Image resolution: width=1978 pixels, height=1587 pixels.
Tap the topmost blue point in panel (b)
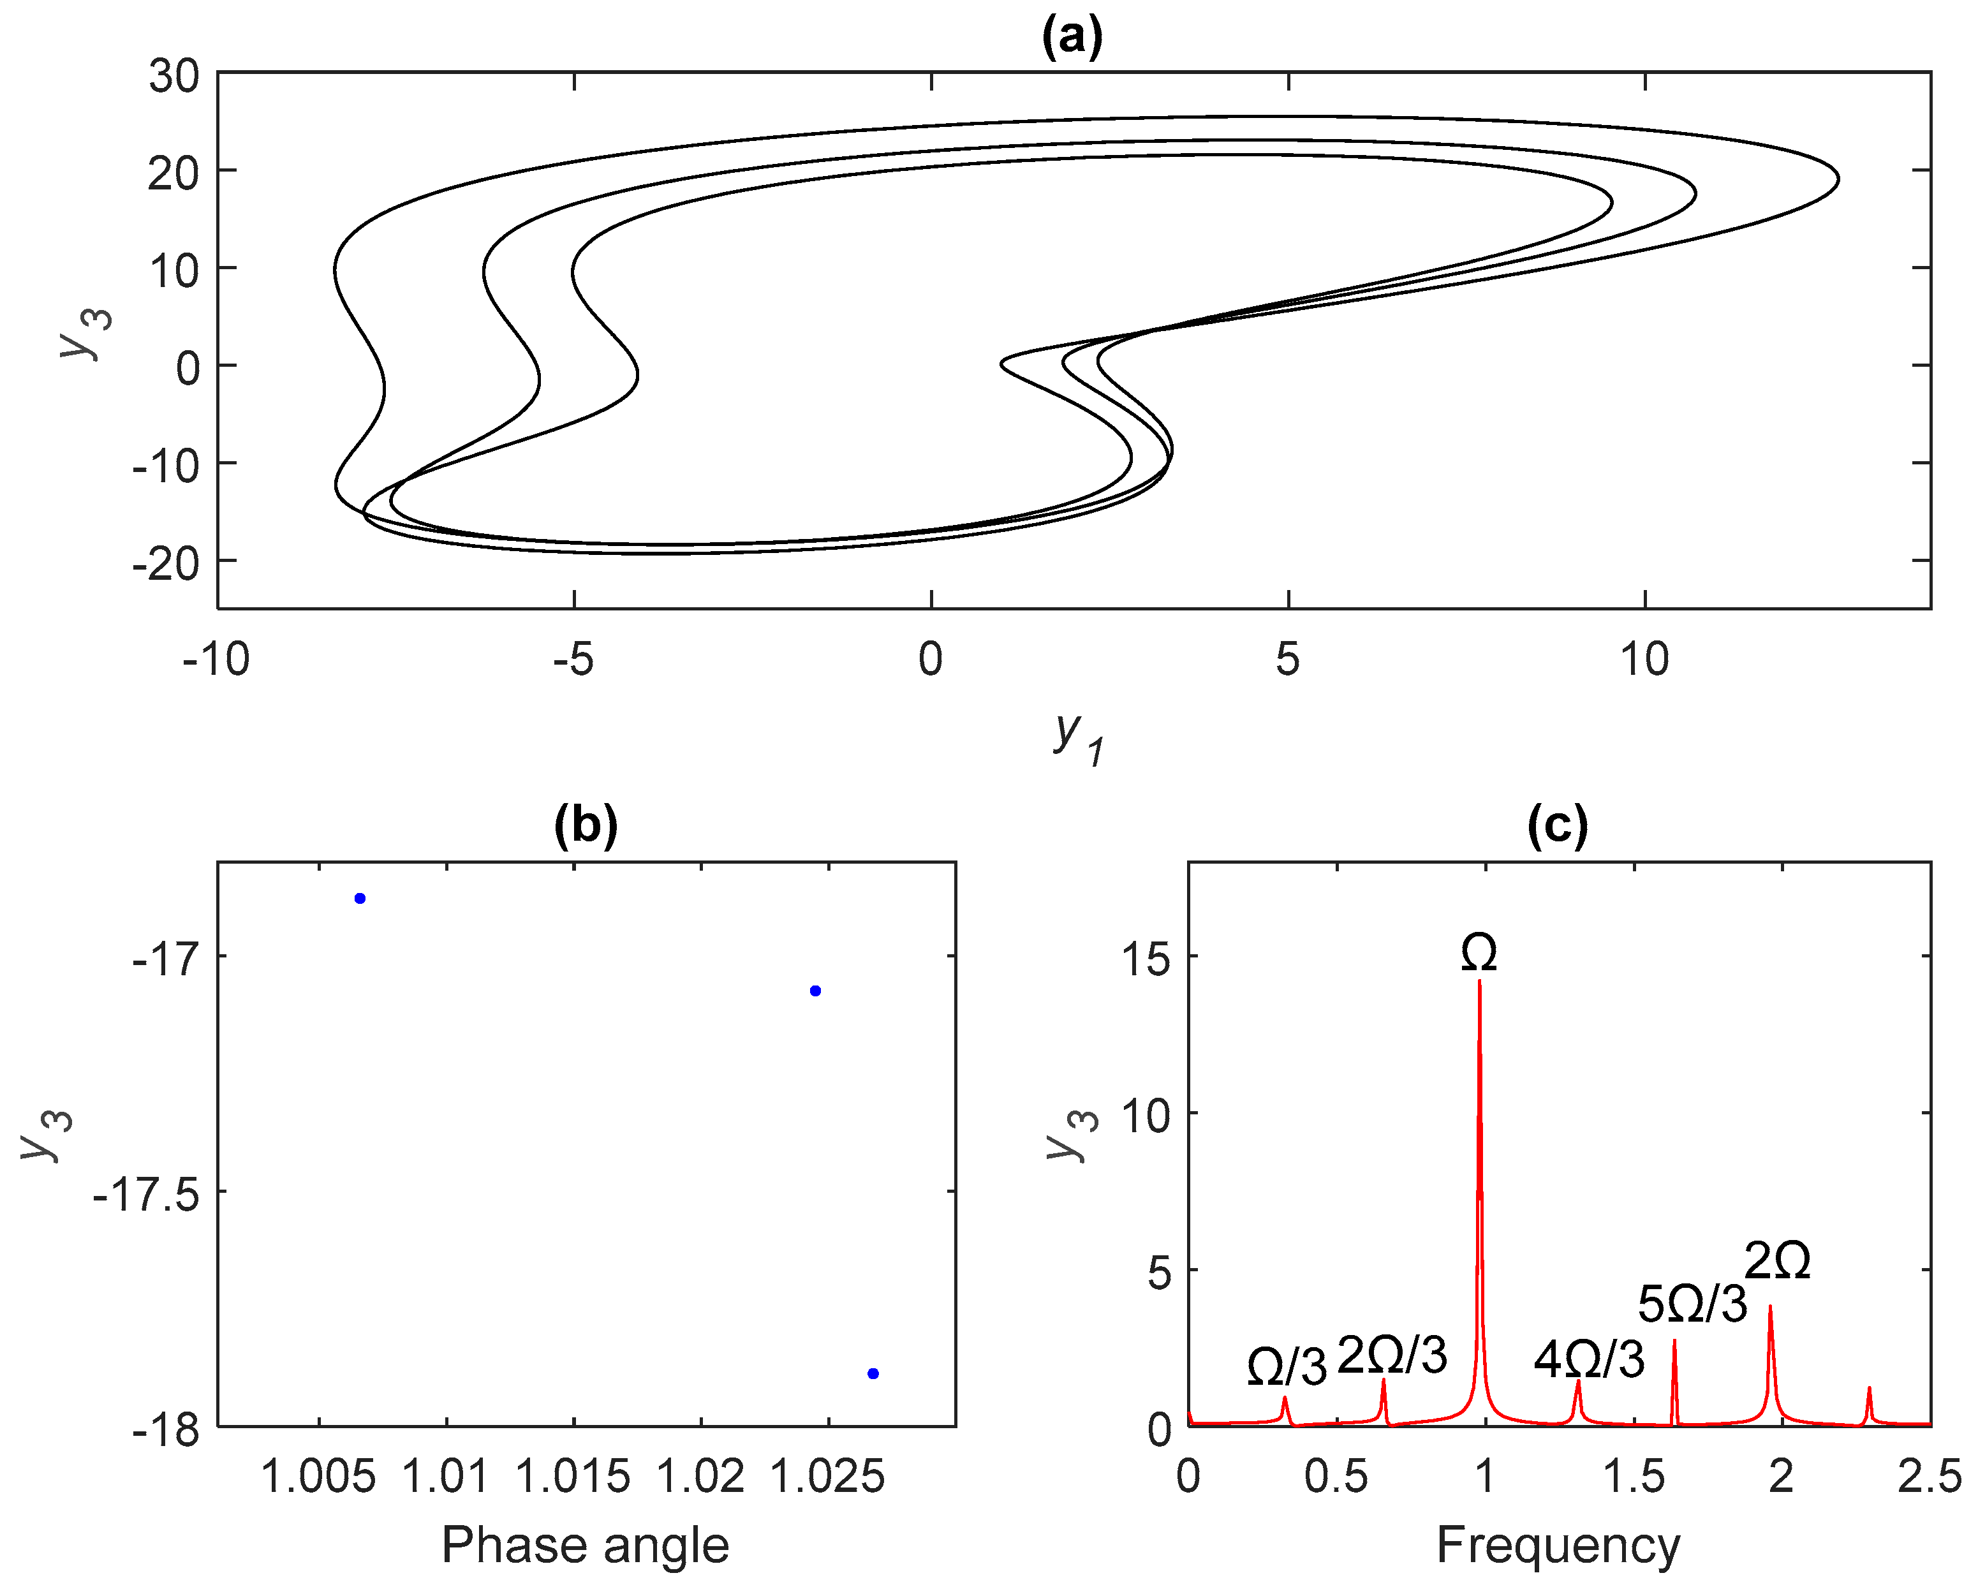[360, 898]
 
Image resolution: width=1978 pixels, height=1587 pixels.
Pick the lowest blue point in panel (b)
[873, 1373]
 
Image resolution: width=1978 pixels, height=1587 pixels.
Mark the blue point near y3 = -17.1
[815, 991]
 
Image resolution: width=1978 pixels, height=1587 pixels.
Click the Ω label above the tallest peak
[1479, 954]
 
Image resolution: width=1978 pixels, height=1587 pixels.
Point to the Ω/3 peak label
[1287, 1368]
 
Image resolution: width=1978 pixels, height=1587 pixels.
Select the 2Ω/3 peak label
[1392, 1355]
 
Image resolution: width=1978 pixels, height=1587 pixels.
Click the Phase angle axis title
[586, 1545]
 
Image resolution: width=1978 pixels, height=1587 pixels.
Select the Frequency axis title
[1558, 1545]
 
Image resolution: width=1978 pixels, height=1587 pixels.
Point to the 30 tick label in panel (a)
[174, 75]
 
